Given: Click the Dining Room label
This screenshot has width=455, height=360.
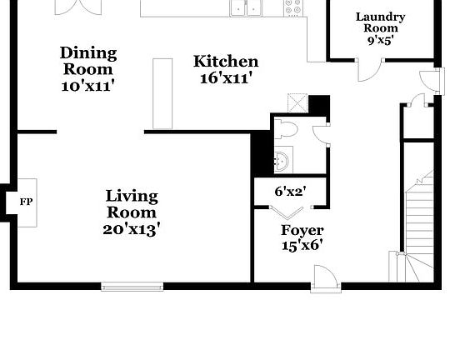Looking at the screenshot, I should (x=88, y=61).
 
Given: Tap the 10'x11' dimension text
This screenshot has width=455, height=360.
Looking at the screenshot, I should (x=88, y=85).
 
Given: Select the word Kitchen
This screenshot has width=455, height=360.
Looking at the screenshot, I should (x=226, y=61).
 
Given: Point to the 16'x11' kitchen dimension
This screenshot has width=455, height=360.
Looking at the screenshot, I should (x=226, y=78).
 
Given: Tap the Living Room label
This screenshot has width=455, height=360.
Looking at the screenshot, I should (x=132, y=204).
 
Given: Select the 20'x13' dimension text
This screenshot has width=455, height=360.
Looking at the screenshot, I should (x=132, y=227).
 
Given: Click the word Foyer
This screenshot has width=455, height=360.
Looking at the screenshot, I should (x=302, y=230).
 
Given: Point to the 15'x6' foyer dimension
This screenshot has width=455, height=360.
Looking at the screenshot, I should (x=302, y=245).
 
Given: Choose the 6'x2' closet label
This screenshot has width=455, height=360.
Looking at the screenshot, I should (x=289, y=192).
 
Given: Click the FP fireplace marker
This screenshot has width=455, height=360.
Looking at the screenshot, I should (x=24, y=201).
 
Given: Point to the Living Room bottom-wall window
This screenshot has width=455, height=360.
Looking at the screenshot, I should (x=132, y=287).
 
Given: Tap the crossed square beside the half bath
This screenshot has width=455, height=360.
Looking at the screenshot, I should (x=297, y=103).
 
